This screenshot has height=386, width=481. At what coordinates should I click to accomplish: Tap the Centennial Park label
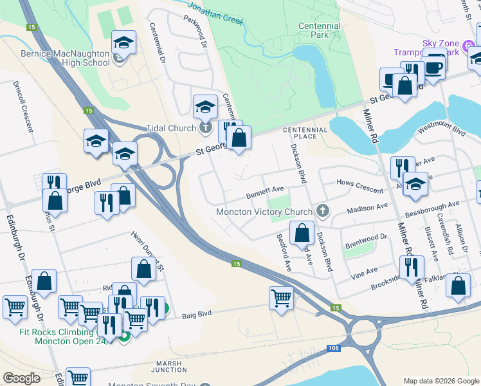[x=320, y=30]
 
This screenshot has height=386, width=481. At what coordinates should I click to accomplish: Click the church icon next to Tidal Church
[x=205, y=128]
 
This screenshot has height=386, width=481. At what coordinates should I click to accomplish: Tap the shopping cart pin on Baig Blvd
[x=282, y=299]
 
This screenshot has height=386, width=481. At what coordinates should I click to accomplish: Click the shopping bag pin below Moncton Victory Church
[x=302, y=233]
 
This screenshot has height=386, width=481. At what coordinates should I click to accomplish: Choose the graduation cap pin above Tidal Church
[x=205, y=106]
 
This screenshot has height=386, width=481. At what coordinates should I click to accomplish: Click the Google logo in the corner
[x=21, y=378]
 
